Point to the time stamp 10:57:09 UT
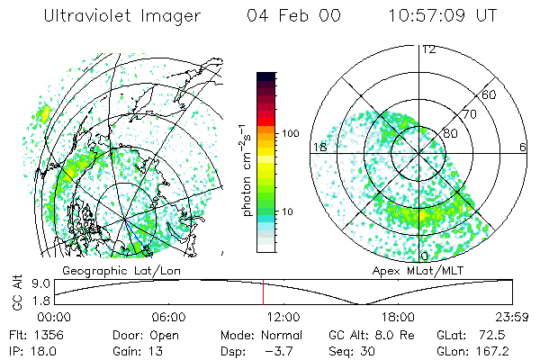tap(442, 15)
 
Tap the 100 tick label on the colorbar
tap(290, 133)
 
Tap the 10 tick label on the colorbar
tap(287, 212)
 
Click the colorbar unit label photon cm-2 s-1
tap(247, 170)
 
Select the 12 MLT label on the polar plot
tap(428, 49)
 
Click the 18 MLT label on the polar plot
tap(319, 147)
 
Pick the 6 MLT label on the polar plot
tap(523, 147)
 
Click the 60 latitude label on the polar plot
tap(490, 94)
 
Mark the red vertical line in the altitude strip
tap(263, 292)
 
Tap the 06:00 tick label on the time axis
tap(168, 318)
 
